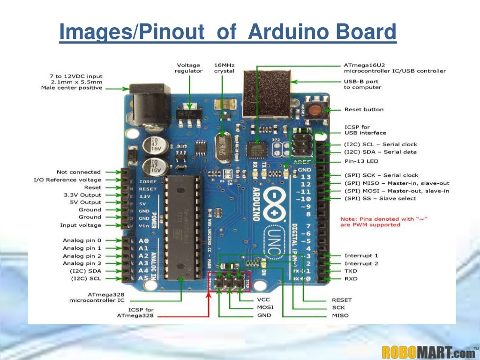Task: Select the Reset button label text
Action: [x=364, y=110]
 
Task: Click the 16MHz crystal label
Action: [x=224, y=68]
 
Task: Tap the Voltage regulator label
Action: [x=188, y=68]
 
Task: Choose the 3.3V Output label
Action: [x=82, y=195]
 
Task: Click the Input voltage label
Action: [x=80, y=225]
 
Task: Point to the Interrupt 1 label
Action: [x=361, y=256]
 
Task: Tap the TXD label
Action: [x=351, y=271]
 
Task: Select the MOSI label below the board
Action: [x=265, y=307]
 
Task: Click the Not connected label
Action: [x=78, y=172]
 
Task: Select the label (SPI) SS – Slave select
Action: [x=380, y=198]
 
